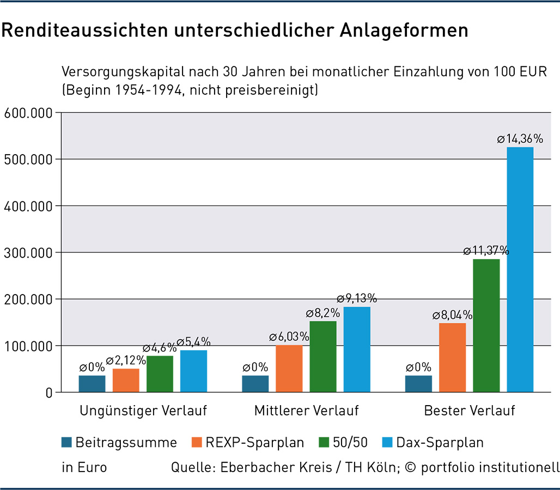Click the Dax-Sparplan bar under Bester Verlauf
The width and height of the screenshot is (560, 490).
coord(520,269)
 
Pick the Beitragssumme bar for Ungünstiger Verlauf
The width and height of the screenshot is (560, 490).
coord(92,383)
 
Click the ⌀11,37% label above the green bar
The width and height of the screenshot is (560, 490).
coord(486,251)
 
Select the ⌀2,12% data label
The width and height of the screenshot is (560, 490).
coord(126,360)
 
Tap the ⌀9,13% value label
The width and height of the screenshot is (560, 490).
coord(357,298)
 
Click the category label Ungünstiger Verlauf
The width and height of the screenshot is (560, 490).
coord(143,411)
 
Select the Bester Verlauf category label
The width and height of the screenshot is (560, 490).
coord(470,411)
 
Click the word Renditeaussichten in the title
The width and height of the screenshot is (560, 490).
coord(74,30)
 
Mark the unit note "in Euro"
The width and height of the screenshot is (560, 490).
coord(84,467)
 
